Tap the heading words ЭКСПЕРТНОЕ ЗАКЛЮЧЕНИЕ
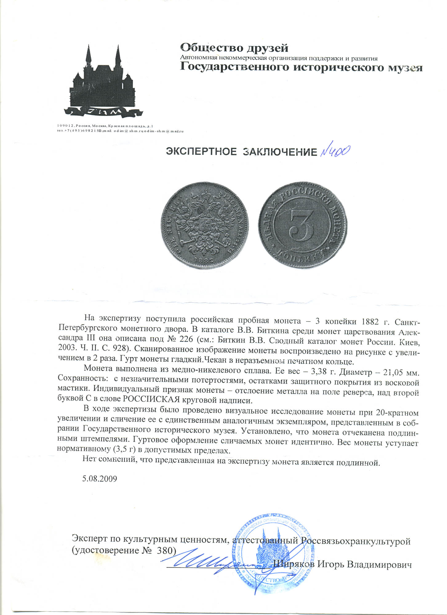coord(241,152)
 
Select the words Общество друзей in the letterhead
coord(234,48)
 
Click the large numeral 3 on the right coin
coord(302,227)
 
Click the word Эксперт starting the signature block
coord(90,539)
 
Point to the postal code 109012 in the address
coord(66,126)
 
